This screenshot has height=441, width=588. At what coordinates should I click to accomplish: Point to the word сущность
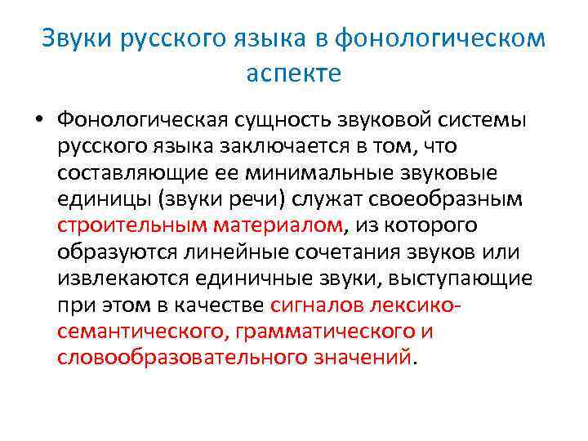tap(282, 120)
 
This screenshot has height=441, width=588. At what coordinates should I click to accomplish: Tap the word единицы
tap(100, 201)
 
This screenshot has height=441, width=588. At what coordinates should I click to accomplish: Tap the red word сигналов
tap(316, 306)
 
